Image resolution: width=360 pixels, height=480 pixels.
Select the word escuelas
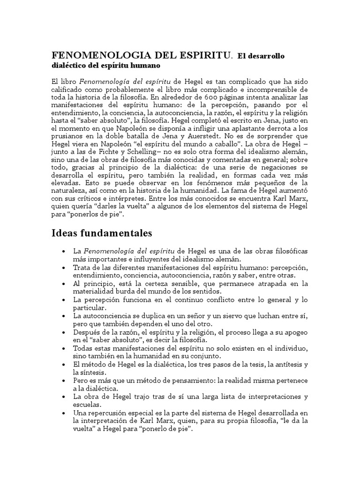coord(86,404)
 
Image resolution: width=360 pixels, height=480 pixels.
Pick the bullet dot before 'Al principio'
coord(63,284)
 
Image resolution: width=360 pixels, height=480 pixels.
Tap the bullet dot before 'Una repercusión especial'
coord(63,412)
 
